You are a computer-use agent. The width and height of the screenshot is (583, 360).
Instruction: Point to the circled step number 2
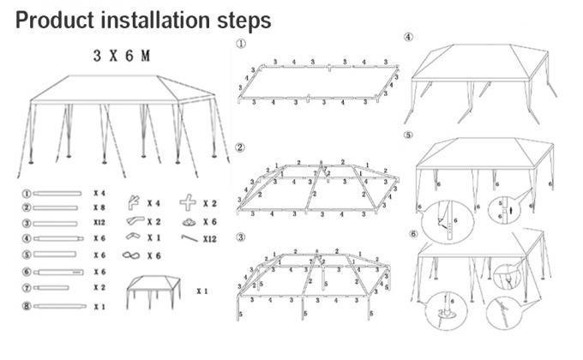[241, 147]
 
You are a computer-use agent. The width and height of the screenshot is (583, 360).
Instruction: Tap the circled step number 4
[409, 37]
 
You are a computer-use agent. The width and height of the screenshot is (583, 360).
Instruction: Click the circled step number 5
[409, 135]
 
